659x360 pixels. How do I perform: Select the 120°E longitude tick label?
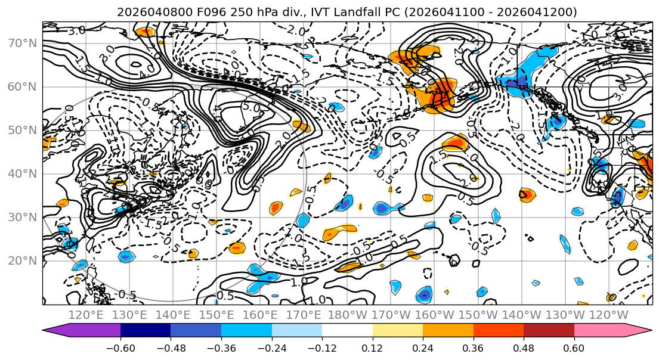point(86,315)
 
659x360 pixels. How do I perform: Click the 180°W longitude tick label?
point(347,315)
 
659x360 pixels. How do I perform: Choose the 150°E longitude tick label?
point(216,315)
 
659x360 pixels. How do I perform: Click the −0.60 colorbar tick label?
point(120,348)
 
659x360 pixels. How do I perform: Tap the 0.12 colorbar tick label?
point(373,348)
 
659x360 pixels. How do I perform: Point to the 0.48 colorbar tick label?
point(524,348)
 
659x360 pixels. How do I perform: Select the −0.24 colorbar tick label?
point(271,348)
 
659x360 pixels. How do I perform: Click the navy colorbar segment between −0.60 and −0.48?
point(146,331)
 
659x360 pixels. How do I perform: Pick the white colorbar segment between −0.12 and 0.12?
point(347,331)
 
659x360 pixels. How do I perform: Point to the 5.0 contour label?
point(250,108)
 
